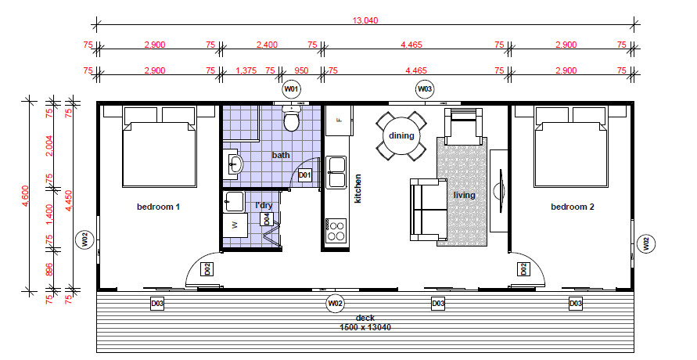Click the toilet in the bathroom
[x=291, y=117]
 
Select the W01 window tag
[x=291, y=89]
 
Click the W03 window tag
[x=425, y=89]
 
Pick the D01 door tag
[x=304, y=175]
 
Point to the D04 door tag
[x=267, y=219]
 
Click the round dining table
[x=401, y=136]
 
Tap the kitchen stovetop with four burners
[x=336, y=230]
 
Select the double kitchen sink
[x=336, y=172]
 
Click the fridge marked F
[x=340, y=121]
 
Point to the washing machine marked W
[x=235, y=225]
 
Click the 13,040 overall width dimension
[x=365, y=20]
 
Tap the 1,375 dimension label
[x=246, y=70]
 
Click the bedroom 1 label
[x=158, y=207]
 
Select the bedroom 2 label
[x=573, y=207]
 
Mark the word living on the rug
[x=464, y=195]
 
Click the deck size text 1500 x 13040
[x=365, y=328]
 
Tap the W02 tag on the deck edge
[x=335, y=303]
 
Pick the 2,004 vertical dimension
[x=49, y=146]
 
